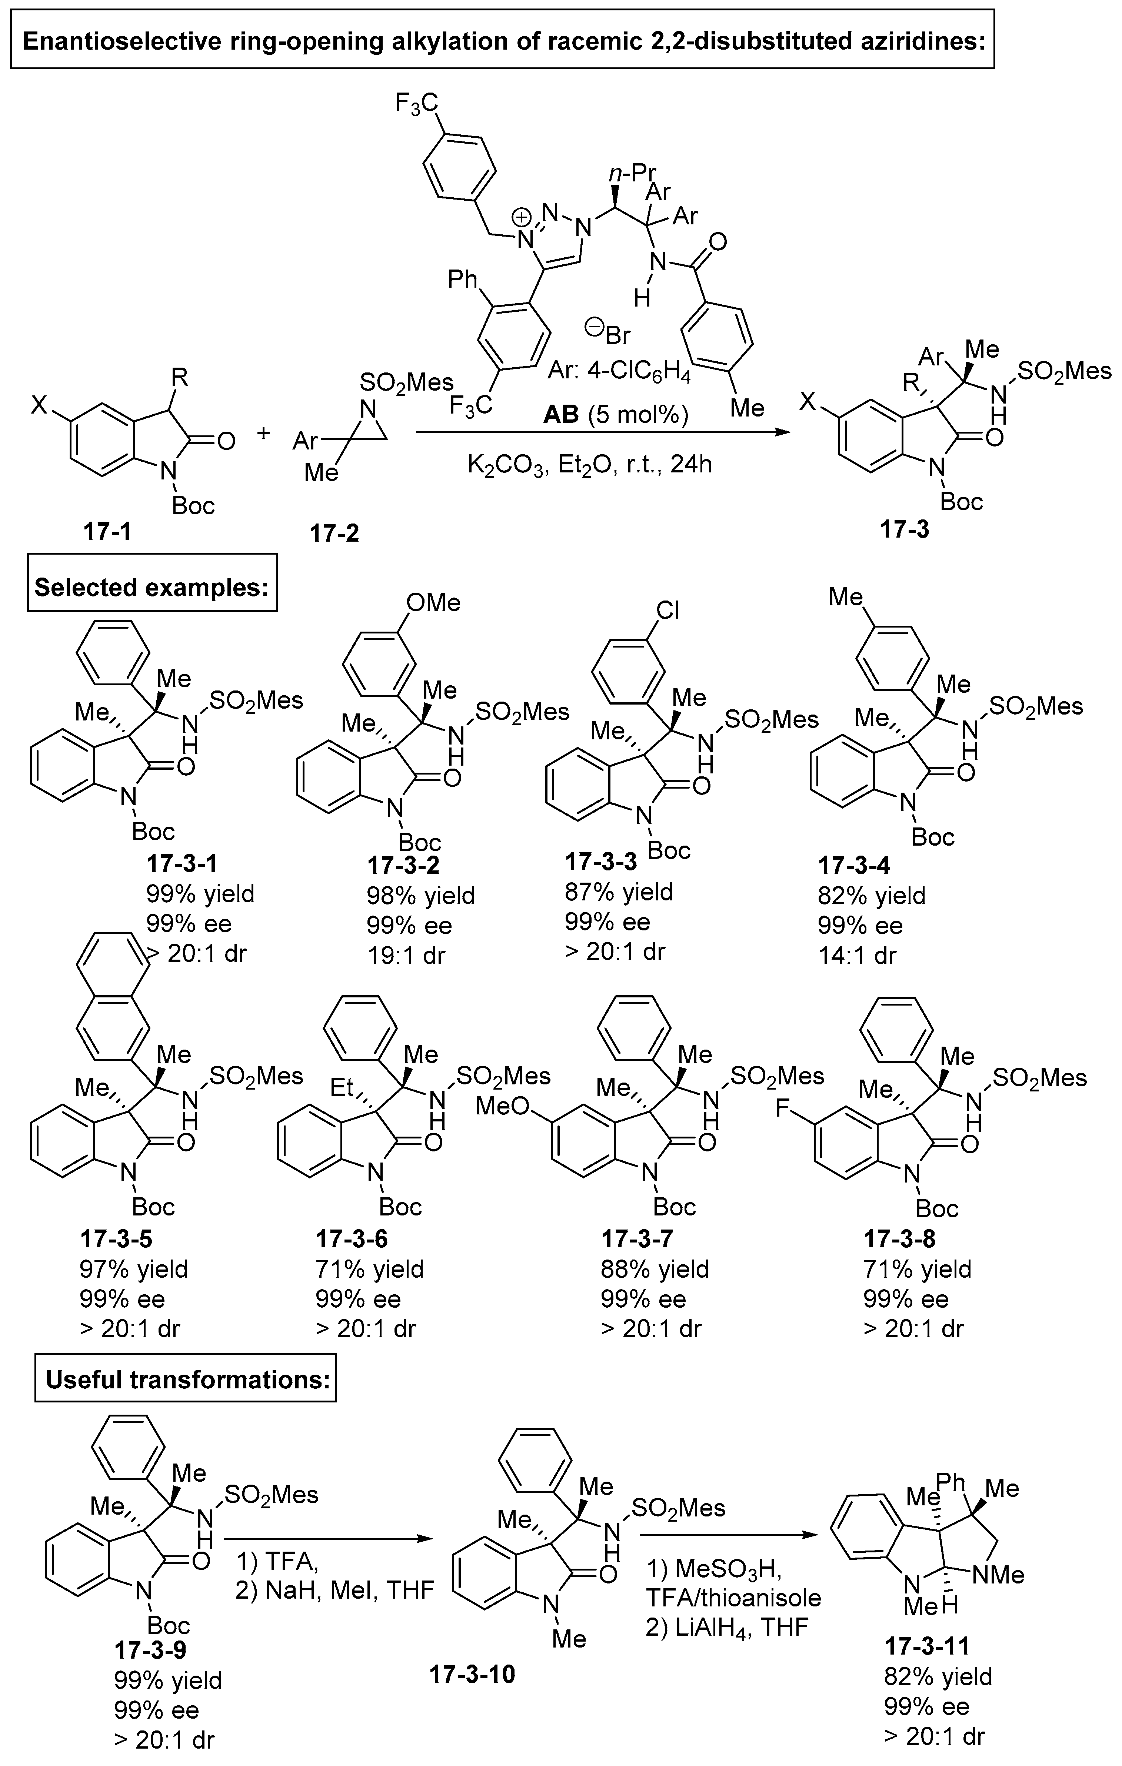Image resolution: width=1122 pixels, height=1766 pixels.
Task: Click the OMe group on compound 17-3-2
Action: click(x=433, y=603)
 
